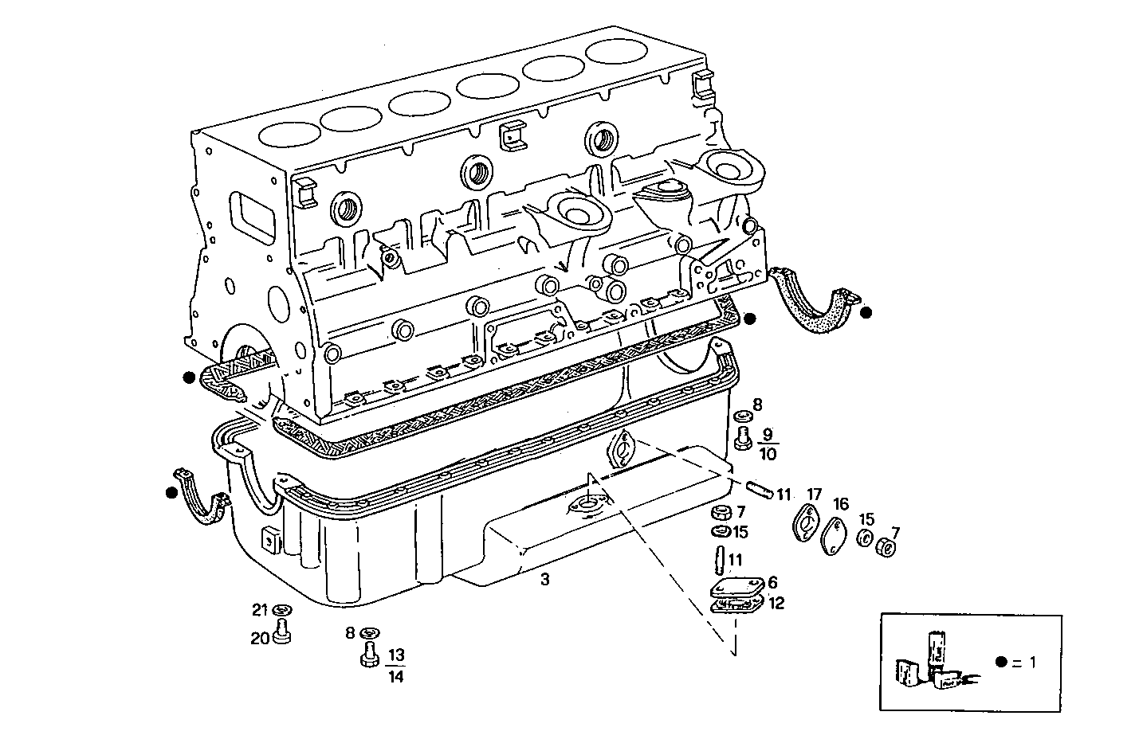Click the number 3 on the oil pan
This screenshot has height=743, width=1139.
pos(544,581)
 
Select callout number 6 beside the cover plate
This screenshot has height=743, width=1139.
pos(772,583)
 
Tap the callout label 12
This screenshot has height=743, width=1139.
pos(776,604)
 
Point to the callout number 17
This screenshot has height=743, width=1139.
pos(813,494)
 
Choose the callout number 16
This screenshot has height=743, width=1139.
pos(841,504)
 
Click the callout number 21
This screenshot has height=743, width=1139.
pos(259,610)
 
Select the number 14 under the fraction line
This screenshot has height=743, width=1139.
pos(396,677)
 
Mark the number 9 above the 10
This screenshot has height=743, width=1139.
pos(768,435)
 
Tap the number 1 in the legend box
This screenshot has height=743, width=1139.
pos(1033,662)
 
